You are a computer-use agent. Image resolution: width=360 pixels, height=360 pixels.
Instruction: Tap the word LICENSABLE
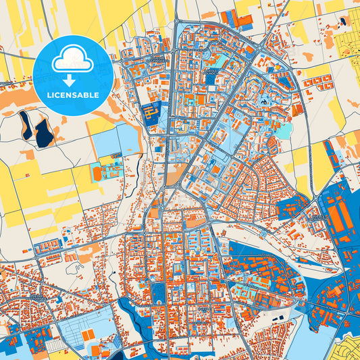(x=72, y=95)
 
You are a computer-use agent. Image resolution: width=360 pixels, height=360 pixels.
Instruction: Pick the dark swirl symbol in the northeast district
(x=264, y=102)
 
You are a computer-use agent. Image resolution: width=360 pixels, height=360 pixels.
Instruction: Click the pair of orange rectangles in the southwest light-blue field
(x=88, y=335)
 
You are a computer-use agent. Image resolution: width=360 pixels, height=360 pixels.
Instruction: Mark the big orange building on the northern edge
(x=244, y=21)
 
